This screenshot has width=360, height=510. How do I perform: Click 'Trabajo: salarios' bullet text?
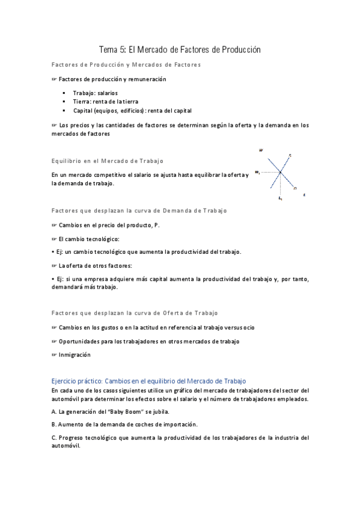[95, 93]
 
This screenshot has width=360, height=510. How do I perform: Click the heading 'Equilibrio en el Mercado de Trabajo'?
[107, 161]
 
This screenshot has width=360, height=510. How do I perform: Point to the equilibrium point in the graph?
[280, 173]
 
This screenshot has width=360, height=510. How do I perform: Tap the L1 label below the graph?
[280, 198]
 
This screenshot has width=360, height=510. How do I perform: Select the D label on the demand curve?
[295, 188]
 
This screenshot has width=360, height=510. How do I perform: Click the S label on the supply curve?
[290, 156]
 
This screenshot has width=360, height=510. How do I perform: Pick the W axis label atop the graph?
[261, 149]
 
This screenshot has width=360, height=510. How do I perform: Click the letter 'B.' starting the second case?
[54, 425]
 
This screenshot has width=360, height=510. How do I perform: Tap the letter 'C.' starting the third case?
[54, 437]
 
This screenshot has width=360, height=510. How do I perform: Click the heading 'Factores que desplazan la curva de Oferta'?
[134, 313]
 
